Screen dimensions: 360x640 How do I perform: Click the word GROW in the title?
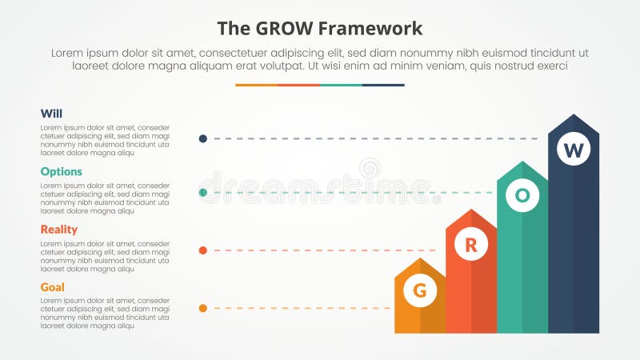click(278, 29)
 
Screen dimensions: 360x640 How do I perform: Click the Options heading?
click(60, 171)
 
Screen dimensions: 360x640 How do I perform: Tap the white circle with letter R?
click(471, 246)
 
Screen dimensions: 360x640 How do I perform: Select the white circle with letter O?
click(522, 194)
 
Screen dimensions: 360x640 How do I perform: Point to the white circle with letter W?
click(574, 150)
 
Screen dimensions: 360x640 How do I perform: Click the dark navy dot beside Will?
click(203, 138)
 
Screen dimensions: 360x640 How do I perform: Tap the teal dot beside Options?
click(203, 193)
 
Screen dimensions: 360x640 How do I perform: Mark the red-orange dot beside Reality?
click(203, 250)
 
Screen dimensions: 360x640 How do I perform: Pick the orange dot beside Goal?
click(203, 308)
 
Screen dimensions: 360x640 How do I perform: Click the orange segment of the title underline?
click(256, 85)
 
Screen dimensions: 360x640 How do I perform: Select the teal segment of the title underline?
click(341, 85)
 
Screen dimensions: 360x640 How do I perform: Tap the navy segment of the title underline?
click(383, 85)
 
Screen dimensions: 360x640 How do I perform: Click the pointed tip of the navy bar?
click(574, 117)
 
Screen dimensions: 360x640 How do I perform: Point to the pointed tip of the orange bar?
click(420, 260)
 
